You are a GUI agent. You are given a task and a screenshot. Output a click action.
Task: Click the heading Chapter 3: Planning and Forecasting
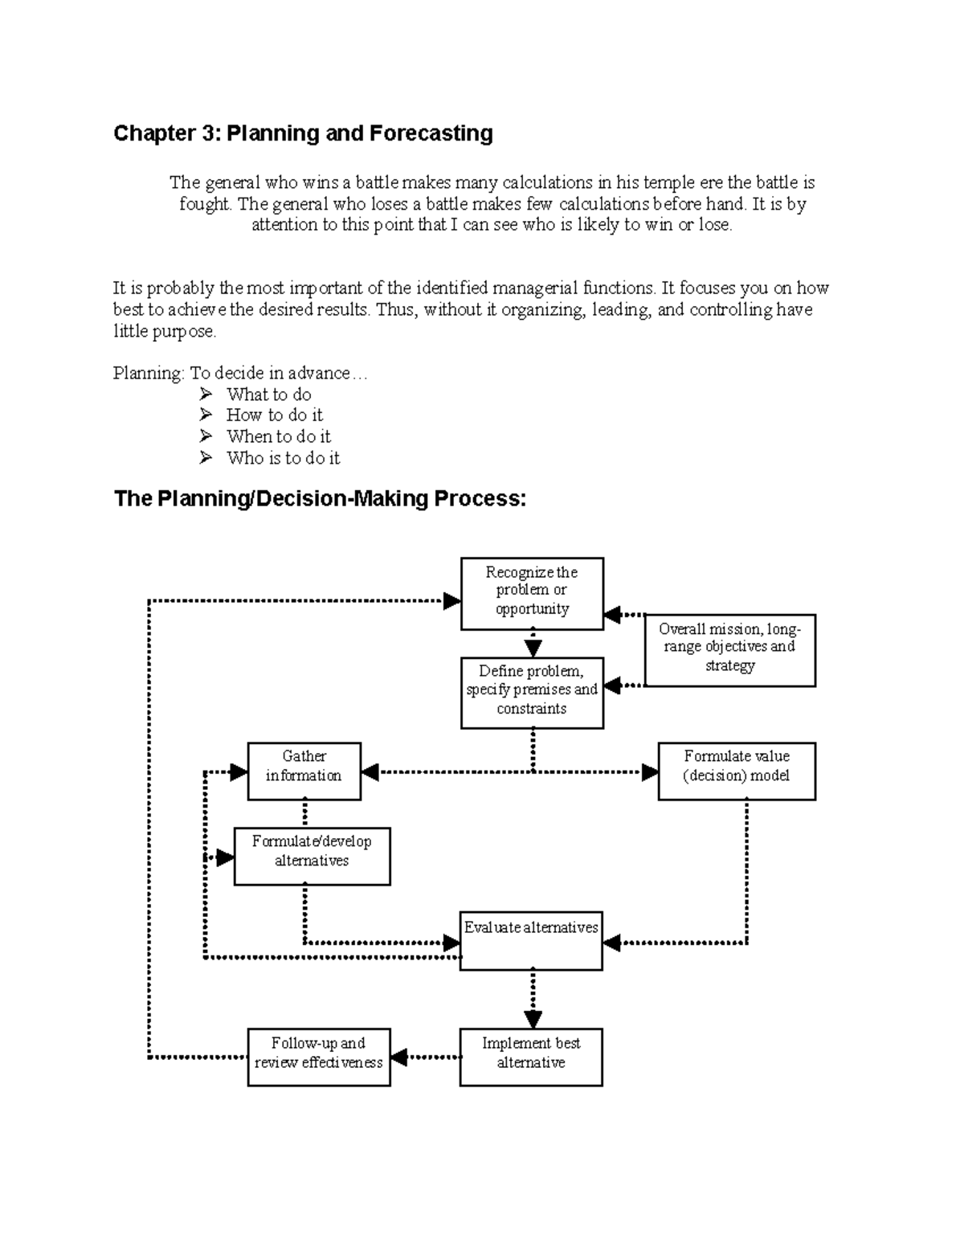[303, 133]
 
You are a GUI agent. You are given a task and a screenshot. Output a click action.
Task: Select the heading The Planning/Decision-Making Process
[320, 499]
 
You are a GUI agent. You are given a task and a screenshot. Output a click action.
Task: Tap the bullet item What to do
[268, 395]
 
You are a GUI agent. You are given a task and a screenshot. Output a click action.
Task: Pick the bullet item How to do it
[274, 415]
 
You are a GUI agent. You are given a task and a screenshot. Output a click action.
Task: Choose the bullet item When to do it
[278, 436]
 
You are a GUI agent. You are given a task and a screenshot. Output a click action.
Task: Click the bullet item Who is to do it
[283, 458]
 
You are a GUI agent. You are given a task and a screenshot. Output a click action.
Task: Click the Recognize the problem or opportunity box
[532, 593]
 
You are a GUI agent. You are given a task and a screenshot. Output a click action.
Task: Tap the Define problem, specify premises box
[532, 692]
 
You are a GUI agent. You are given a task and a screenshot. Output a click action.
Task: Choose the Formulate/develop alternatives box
[312, 855]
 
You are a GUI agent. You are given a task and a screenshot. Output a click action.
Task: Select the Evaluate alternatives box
[531, 940]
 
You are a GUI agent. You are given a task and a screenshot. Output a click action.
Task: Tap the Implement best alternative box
[531, 1056]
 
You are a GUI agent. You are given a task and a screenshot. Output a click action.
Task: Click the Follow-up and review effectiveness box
[318, 1056]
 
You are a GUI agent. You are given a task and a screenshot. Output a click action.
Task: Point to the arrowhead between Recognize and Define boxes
[533, 648]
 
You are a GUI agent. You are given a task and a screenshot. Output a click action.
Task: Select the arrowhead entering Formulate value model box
[650, 772]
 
